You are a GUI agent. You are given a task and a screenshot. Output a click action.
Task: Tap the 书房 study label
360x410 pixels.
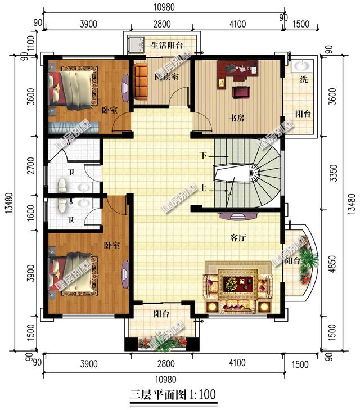tap(237, 119)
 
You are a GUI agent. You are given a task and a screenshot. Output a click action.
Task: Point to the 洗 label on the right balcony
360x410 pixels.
tap(303, 80)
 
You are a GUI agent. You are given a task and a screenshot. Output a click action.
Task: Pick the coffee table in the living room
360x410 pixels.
tap(231, 283)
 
